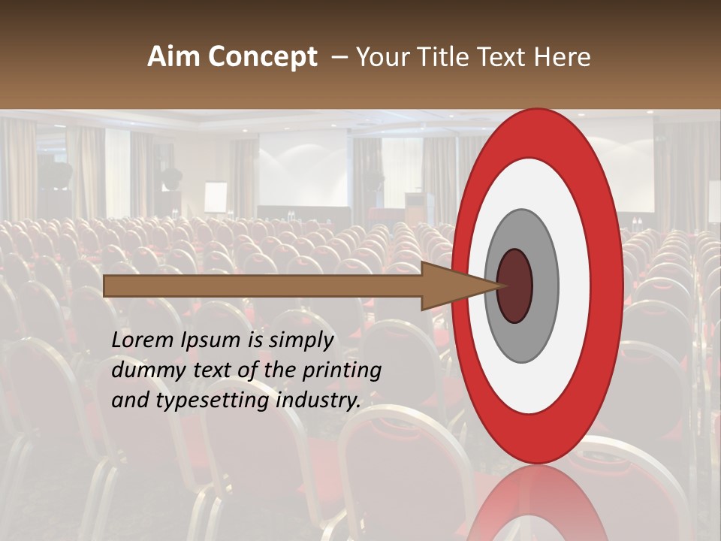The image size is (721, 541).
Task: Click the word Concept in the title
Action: (x=262, y=57)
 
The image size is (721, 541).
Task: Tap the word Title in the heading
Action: (x=448, y=57)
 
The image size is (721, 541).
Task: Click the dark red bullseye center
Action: (x=514, y=286)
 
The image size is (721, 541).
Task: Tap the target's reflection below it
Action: (x=537, y=503)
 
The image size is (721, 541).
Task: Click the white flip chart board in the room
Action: (x=216, y=197)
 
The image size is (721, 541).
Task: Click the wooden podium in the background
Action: (x=414, y=208)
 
